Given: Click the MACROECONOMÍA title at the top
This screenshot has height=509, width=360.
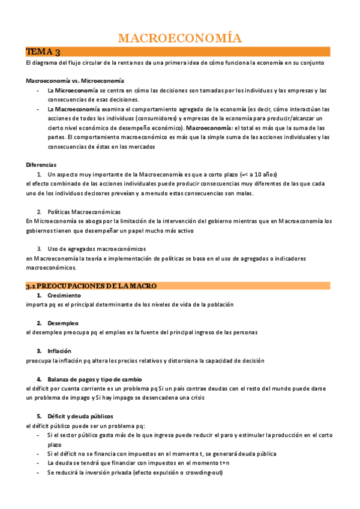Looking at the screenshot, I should [x=179, y=38].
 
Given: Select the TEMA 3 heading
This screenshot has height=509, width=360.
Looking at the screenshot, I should [x=43, y=52].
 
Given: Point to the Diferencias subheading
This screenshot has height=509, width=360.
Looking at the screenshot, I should [x=41, y=164].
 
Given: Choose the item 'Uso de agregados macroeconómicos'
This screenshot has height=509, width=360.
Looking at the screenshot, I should [x=96, y=248].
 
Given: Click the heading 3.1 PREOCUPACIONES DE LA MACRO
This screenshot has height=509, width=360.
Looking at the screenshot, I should [x=91, y=286].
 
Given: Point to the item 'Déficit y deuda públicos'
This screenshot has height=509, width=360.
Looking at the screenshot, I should [x=80, y=416].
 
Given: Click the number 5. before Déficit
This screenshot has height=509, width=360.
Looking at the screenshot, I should [x=39, y=416].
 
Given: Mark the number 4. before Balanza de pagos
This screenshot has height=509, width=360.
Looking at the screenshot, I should [x=39, y=379].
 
